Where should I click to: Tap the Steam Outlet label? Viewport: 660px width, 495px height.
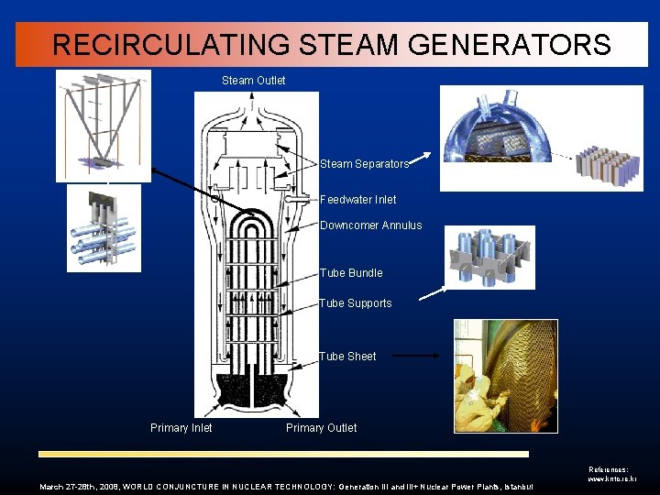[253, 81]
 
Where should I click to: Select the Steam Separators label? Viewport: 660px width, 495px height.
[364, 164]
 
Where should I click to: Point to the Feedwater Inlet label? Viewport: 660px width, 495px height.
[357, 199]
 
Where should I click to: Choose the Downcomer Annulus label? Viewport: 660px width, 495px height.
[370, 225]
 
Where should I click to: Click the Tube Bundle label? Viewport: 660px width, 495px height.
[351, 273]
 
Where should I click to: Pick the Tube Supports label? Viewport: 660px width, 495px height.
[355, 303]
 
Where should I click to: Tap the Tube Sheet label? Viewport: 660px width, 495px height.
[347, 357]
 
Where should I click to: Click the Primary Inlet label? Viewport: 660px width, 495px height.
[181, 428]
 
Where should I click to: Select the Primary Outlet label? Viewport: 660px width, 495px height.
[321, 428]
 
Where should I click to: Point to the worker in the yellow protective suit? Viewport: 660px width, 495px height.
[477, 385]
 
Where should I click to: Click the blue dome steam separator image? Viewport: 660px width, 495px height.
[500, 137]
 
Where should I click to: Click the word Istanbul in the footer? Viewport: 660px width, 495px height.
[515, 486]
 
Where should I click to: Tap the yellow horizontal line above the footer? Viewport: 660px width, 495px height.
[283, 454]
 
